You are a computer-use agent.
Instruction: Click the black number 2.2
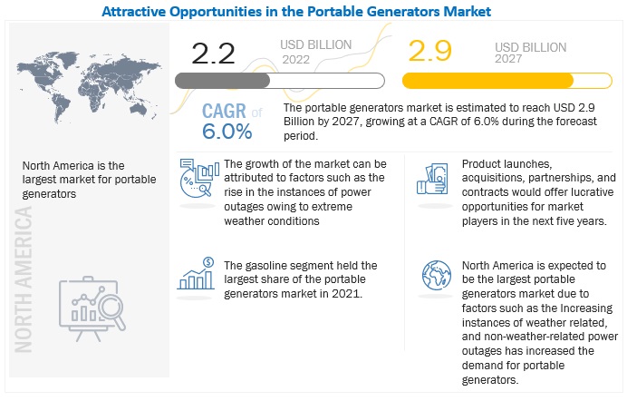click(213, 54)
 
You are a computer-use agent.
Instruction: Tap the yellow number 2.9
click(429, 51)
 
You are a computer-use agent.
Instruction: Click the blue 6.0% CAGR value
click(227, 132)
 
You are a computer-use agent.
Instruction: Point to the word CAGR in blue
click(224, 111)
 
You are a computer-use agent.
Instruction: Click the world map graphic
click(89, 86)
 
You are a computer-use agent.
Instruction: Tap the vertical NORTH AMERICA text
click(24, 279)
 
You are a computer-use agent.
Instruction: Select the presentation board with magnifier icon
click(92, 308)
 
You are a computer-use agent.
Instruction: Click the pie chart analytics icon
click(199, 178)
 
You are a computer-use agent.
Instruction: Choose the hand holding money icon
click(432, 179)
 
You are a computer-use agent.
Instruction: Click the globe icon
click(437, 275)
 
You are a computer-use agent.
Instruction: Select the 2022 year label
click(296, 60)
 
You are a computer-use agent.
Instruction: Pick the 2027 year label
click(508, 59)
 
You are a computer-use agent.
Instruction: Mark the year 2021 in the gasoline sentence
click(347, 294)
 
